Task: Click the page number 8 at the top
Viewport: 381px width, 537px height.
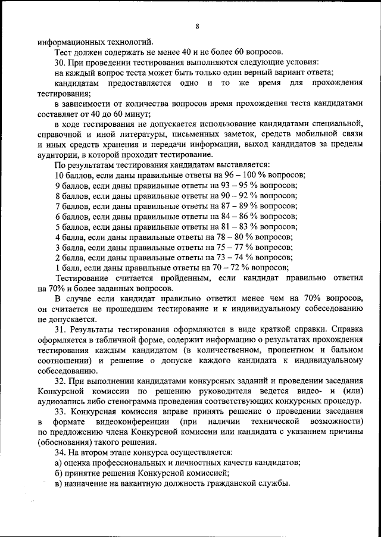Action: pyautogui.click(x=196, y=26)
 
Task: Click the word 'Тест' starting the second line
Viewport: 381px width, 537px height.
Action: pyautogui.click(x=63, y=52)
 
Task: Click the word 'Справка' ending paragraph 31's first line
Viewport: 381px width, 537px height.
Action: pyautogui.click(x=346, y=329)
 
